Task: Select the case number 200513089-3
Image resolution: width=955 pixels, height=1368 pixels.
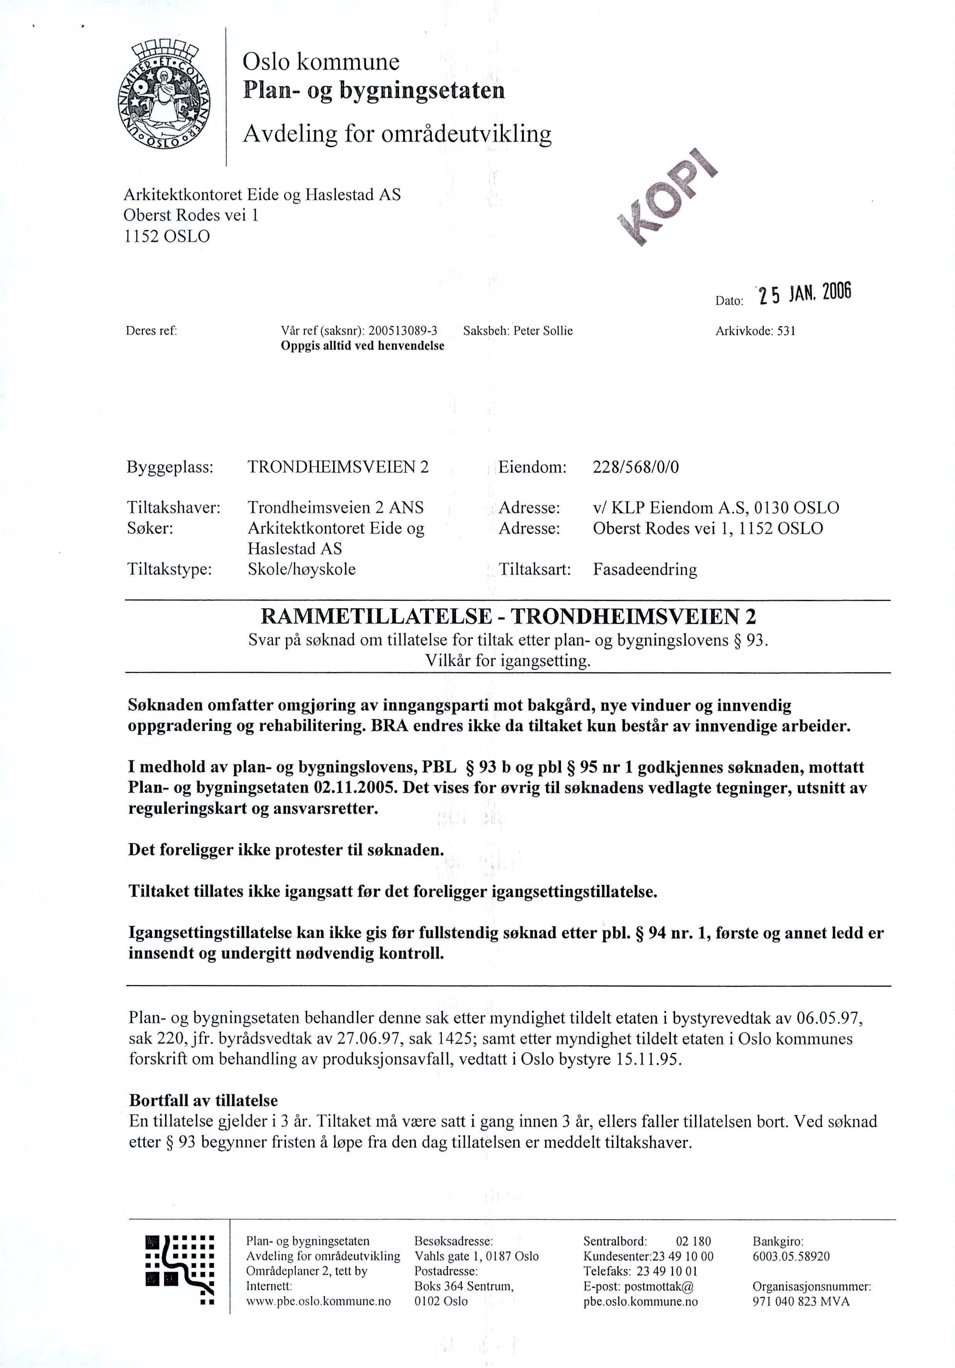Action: point(403,331)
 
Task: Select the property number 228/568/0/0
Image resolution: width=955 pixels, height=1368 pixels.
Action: point(635,466)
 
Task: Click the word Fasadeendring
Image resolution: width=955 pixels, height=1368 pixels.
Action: point(645,569)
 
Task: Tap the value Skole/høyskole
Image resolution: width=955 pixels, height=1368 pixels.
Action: point(302,569)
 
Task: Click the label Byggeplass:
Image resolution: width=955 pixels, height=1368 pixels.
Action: point(170,466)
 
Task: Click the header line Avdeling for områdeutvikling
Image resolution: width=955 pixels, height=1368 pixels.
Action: point(397,134)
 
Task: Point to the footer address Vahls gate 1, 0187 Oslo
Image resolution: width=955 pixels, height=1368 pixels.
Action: point(476,1256)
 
